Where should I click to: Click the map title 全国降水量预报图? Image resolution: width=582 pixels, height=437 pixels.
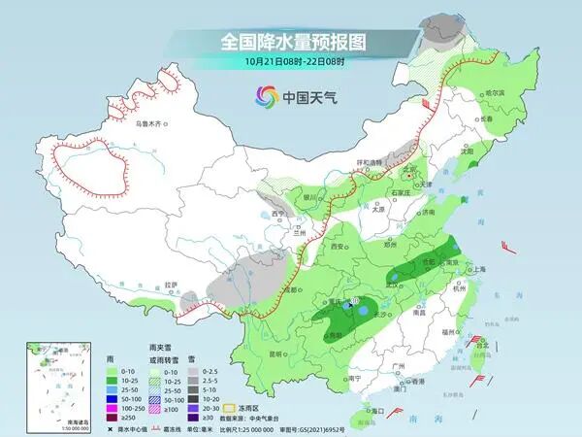pyautogui.click(x=291, y=42)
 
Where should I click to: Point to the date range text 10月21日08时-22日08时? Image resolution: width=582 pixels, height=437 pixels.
pyautogui.click(x=291, y=61)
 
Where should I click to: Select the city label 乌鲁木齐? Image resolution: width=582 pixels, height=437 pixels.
pyautogui.click(x=150, y=123)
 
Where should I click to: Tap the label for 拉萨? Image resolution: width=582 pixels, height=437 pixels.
pyautogui.click(x=172, y=284)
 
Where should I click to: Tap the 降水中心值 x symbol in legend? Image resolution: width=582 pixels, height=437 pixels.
pyautogui.click(x=112, y=427)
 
